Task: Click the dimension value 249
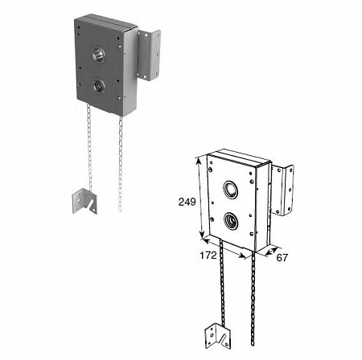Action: pos(187,202)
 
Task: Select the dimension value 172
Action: pos(208,255)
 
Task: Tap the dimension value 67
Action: pos(282,258)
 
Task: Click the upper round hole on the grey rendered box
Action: pos(98,55)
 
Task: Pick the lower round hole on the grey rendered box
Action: pos(99,85)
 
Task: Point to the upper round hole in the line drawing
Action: pos(230,190)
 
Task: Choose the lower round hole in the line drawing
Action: pos(231,220)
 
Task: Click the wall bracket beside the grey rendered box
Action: pos(149,55)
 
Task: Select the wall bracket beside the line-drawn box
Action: pos(283,190)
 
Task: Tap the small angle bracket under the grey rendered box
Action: pos(84,202)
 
